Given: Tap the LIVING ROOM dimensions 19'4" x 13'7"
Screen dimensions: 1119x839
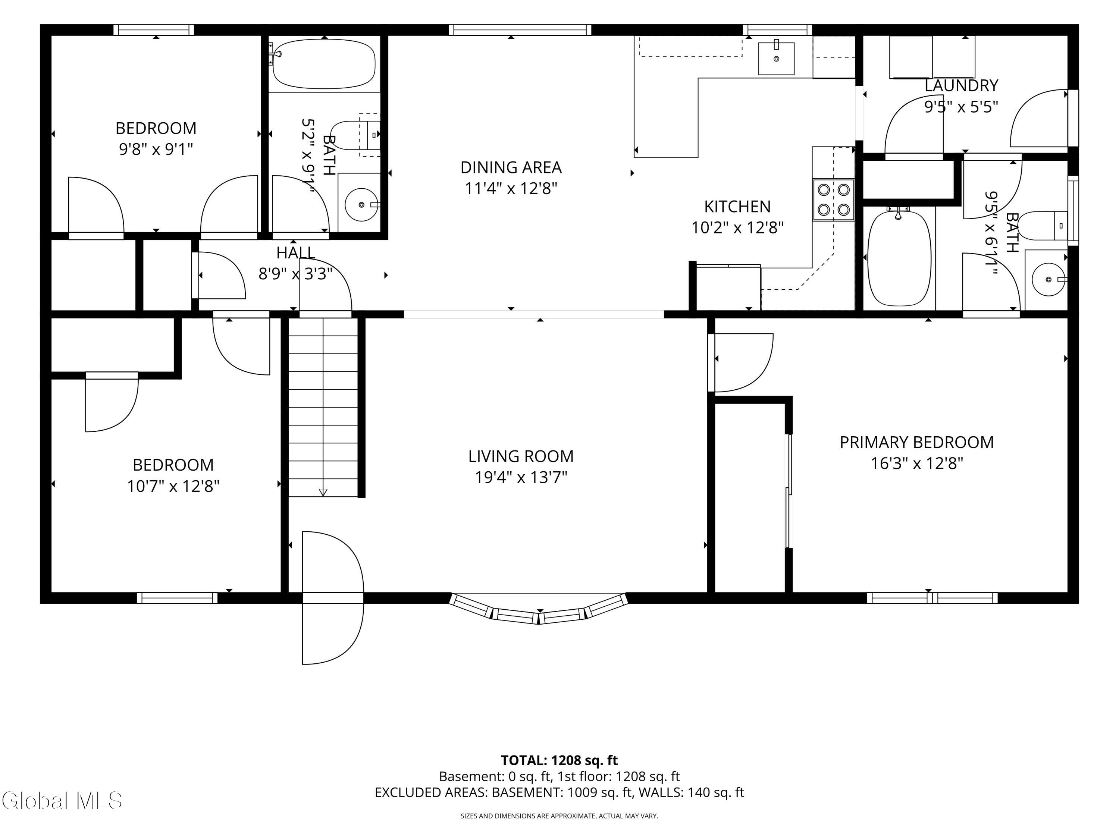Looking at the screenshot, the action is [x=521, y=477].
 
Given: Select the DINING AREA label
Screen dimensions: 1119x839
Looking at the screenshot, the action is [x=511, y=167].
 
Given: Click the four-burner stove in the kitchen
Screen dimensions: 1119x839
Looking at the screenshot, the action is [x=834, y=200].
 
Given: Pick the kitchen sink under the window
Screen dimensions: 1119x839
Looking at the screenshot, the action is [x=776, y=59].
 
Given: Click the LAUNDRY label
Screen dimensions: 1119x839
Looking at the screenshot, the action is [x=961, y=85].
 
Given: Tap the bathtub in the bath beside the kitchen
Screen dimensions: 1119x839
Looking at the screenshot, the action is [x=899, y=258].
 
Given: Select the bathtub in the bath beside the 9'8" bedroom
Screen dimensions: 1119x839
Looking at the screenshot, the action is [x=324, y=64].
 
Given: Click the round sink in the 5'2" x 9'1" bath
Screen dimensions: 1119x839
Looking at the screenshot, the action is [x=361, y=204].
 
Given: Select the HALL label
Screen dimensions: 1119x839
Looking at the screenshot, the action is [x=296, y=252].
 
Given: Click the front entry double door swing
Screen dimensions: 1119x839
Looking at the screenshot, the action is [x=333, y=598].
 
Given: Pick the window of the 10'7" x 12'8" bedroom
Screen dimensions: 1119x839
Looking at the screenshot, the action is [x=177, y=598].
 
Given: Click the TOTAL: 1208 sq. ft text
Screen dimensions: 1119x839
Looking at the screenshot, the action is [x=559, y=760].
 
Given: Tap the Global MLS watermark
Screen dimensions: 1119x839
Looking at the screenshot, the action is [x=62, y=801].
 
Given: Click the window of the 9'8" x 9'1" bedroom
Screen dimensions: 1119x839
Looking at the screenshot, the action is [x=154, y=30].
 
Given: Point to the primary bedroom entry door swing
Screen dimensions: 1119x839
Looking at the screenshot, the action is [x=741, y=362].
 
